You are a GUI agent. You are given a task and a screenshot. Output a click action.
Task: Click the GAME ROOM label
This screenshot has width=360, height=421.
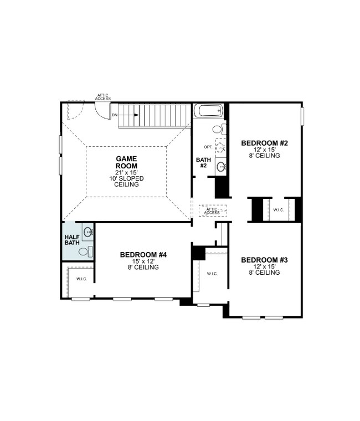click(126, 162)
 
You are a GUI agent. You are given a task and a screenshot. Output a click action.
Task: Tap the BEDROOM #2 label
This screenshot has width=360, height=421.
click(265, 143)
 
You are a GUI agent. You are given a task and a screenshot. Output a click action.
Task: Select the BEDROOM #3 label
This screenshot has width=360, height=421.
click(265, 260)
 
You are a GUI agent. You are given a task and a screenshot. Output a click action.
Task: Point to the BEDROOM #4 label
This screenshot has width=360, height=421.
click(143, 255)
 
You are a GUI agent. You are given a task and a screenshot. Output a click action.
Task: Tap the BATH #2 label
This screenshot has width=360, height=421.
click(202, 163)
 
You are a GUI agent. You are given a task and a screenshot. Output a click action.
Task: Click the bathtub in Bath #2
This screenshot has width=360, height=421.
click(209, 111)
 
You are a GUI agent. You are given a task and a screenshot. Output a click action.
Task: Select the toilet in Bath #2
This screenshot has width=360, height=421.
click(217, 130)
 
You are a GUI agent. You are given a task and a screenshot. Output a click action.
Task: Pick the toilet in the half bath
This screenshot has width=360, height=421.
click(84, 251)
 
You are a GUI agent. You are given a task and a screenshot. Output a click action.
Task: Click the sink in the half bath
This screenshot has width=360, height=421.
click(88, 232)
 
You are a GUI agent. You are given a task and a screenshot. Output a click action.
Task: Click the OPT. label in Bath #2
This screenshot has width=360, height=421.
click(208, 147)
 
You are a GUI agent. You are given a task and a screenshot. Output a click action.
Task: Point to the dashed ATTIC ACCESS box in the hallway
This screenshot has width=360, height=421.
click(212, 211)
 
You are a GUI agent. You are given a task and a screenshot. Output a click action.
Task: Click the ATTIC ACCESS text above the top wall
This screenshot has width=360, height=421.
click(104, 96)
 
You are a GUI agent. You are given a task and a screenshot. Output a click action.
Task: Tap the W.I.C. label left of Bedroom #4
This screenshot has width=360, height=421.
click(81, 279)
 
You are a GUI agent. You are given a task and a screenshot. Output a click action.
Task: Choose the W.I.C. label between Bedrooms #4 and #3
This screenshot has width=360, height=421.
click(212, 274)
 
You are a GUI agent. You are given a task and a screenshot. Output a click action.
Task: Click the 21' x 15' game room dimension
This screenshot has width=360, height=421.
click(126, 172)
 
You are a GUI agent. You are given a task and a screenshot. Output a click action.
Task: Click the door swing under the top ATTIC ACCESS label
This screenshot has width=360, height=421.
click(103, 111)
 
